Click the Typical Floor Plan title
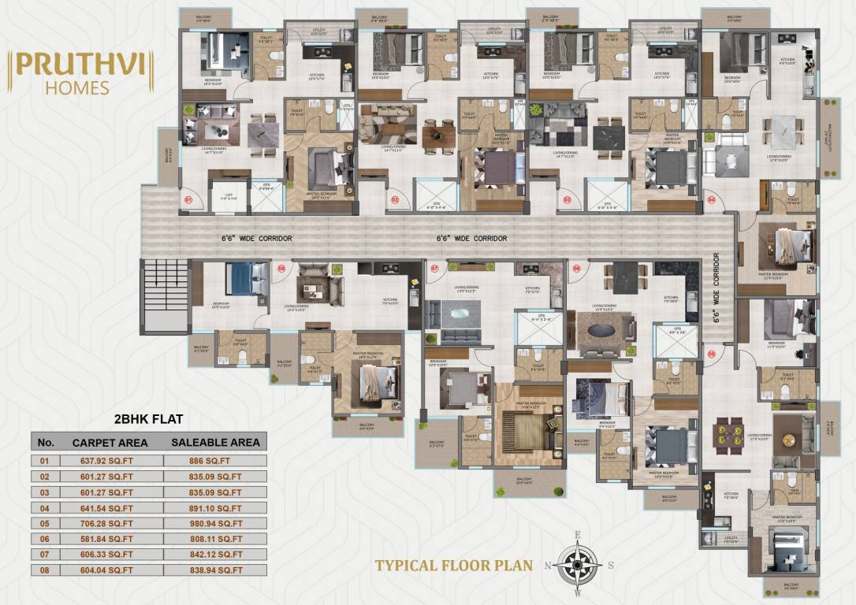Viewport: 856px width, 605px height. (x=453, y=565)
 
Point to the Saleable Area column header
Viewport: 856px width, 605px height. (x=215, y=442)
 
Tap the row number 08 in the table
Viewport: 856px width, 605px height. (x=46, y=569)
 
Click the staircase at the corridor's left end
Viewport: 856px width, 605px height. (x=166, y=294)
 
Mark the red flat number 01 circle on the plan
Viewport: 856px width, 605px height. (x=188, y=201)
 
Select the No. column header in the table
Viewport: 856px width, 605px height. (x=46, y=442)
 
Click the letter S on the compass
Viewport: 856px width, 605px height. (x=610, y=565)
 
